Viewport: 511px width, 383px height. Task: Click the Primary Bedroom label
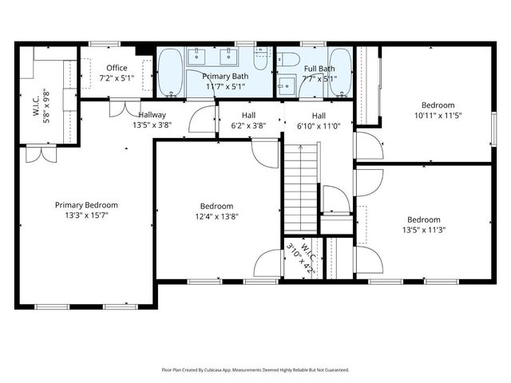coord(87,204)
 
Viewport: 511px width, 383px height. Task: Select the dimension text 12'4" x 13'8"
coord(216,216)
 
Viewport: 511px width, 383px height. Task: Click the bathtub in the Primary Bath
coord(171,71)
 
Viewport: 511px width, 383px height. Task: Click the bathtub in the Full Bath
coord(340,71)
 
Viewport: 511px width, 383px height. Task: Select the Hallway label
coord(152,115)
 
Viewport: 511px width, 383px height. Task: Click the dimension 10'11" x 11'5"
coord(438,116)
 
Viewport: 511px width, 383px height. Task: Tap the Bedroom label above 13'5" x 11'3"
coord(423,220)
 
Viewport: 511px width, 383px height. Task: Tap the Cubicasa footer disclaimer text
coord(255,370)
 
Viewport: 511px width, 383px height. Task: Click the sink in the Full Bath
coord(286,84)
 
